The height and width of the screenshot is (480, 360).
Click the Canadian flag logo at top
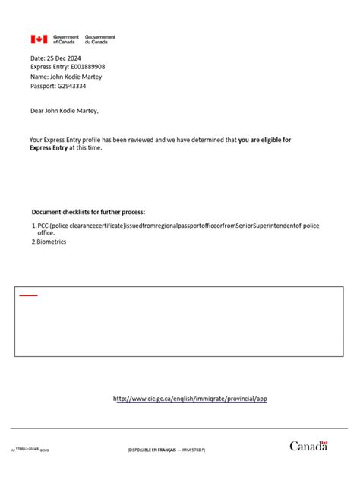coord(39,39)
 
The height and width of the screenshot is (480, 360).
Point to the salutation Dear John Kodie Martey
coord(65,111)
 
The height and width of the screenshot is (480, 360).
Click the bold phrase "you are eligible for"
coord(264,140)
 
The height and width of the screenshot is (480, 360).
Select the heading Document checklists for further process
coord(88,212)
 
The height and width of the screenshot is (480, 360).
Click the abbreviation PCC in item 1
coord(43,226)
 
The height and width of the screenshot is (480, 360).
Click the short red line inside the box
coord(28,295)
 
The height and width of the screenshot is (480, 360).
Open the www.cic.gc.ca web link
coord(190,399)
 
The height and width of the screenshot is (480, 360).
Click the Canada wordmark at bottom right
coord(308,446)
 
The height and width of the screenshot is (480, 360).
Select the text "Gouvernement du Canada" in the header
coord(100,39)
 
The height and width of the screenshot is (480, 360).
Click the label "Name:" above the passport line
coord(39,77)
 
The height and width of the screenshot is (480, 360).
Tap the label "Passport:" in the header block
coord(43,87)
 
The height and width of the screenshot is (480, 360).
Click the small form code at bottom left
coord(30,450)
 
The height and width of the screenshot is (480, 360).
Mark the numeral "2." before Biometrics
coord(34,242)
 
